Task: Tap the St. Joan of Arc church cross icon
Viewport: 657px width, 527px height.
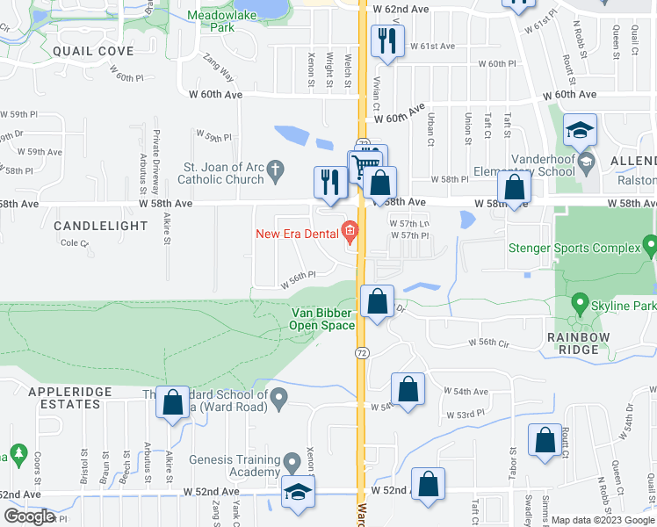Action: pyautogui.click(x=275, y=168)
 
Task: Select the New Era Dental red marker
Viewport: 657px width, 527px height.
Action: pyautogui.click(x=350, y=233)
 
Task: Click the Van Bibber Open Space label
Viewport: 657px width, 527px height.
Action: pyautogui.click(x=323, y=319)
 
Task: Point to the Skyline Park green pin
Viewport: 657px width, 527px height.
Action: pyautogui.click(x=579, y=304)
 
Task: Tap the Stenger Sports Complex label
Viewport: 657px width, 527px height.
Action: pyautogui.click(x=575, y=248)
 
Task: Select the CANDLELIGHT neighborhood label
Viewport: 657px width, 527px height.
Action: pyautogui.click(x=100, y=226)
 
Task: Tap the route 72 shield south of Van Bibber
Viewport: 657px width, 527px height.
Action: pyautogui.click(x=361, y=352)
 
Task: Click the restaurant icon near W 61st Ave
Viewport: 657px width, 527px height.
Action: pyautogui.click(x=386, y=40)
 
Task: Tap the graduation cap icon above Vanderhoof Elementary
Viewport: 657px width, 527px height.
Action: pyautogui.click(x=579, y=131)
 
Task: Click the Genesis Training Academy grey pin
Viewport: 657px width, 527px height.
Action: pyautogui.click(x=293, y=461)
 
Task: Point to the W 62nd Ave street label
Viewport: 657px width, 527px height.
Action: pyautogui.click(x=401, y=8)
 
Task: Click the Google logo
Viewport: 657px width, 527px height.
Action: pyautogui.click(x=30, y=516)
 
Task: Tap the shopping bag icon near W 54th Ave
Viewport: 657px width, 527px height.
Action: pyautogui.click(x=408, y=389)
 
